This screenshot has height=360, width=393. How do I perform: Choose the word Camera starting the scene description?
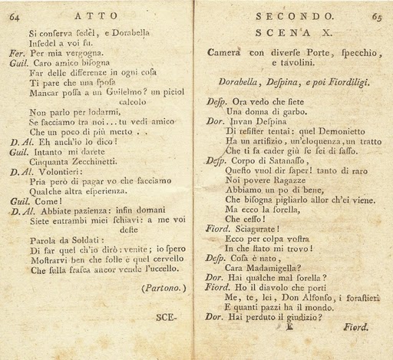tap(227, 53)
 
